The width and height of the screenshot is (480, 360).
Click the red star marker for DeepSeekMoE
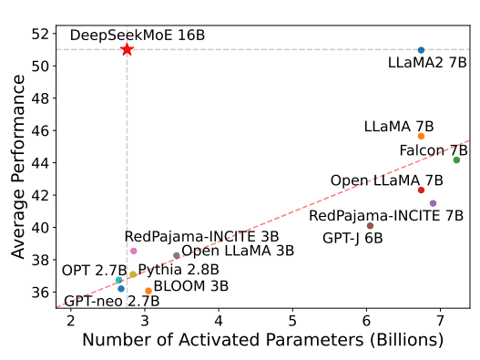[x=127, y=49]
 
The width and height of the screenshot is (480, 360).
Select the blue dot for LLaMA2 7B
[x=421, y=49]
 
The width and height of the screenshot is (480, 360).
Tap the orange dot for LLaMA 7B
[x=421, y=136]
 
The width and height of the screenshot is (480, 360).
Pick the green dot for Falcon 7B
[x=456, y=159]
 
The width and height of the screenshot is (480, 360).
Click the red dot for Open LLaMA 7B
[x=421, y=190]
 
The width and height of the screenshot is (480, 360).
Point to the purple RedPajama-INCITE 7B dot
[x=433, y=203]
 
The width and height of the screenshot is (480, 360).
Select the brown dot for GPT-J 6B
[x=370, y=225]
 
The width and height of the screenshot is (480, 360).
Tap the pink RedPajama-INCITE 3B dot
[x=134, y=251]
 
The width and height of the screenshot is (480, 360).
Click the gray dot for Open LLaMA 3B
[x=177, y=255]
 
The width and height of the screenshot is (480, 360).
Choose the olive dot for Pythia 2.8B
[x=133, y=274]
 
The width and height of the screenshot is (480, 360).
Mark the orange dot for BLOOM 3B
[x=148, y=291]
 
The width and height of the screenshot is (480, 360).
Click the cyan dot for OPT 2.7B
[x=119, y=280]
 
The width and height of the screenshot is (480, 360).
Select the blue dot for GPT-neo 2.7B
[x=121, y=288]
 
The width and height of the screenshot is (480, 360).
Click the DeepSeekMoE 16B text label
[x=138, y=35]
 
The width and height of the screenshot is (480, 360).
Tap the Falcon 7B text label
[x=434, y=149]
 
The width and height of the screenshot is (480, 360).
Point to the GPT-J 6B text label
[x=352, y=238]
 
